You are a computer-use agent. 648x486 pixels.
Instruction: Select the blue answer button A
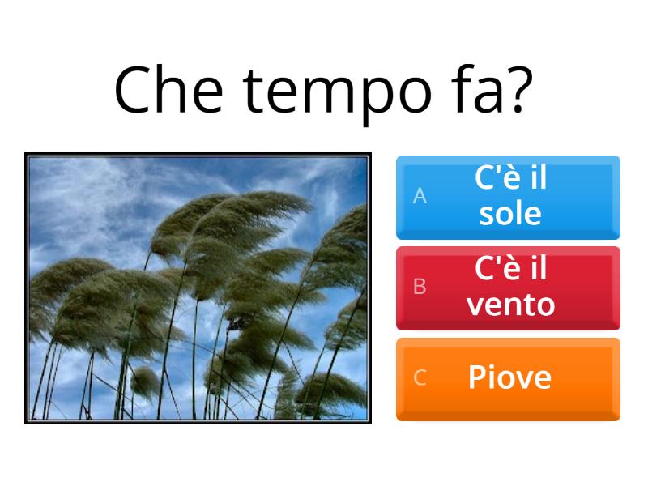point(508,197)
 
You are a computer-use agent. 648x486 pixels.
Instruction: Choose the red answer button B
point(508,288)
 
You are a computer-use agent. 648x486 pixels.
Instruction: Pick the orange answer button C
point(508,378)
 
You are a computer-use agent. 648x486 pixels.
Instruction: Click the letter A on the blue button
point(420,196)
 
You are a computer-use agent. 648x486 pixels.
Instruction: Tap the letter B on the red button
point(420,287)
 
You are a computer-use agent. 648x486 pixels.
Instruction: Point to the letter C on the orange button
point(420,377)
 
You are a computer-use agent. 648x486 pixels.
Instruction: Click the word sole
point(509,214)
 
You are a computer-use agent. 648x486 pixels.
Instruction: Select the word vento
point(511,305)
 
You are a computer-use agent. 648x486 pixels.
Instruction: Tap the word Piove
point(509,377)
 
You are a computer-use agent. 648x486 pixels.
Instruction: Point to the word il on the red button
point(537,269)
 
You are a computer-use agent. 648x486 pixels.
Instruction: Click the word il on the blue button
point(537,178)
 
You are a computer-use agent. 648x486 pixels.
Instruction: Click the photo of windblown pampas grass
point(198,288)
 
